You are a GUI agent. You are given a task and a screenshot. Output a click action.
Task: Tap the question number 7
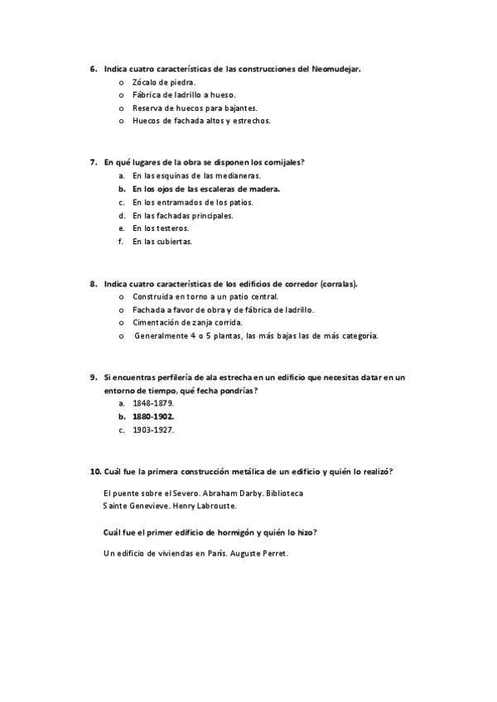click(94, 163)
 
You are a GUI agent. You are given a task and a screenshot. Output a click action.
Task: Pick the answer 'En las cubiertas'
click(162, 242)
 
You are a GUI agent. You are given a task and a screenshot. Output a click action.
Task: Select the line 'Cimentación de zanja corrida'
click(187, 323)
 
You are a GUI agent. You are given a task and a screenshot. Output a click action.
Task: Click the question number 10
click(95, 472)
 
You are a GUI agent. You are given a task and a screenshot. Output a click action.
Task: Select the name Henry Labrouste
click(205, 506)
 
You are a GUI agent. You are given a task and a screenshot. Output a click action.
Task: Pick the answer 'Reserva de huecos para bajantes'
click(195, 108)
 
